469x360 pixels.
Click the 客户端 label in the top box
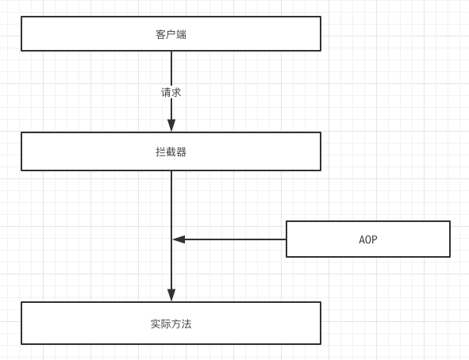[x=171, y=34]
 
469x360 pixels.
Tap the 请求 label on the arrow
[x=171, y=92]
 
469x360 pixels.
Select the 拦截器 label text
[x=171, y=151]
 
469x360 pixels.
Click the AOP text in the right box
[x=367, y=239]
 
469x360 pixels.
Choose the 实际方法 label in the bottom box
[x=171, y=324]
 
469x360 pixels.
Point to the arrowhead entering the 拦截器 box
[x=171, y=125]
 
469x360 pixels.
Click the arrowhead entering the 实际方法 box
[x=171, y=295]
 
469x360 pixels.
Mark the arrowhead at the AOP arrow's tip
[x=179, y=239]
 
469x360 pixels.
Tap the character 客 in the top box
[x=160, y=34]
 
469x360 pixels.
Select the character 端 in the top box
[x=182, y=34]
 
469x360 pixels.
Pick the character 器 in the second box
[x=182, y=151]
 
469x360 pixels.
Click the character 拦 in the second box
[x=160, y=151]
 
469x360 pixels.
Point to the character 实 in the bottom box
[x=156, y=324]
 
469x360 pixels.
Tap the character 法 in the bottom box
[x=186, y=324]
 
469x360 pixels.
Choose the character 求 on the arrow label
[x=176, y=92]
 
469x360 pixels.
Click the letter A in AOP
[x=362, y=239]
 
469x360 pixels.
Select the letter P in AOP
[x=374, y=239]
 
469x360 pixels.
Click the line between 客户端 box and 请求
[x=171, y=67]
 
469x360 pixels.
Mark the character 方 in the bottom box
[x=176, y=324]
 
